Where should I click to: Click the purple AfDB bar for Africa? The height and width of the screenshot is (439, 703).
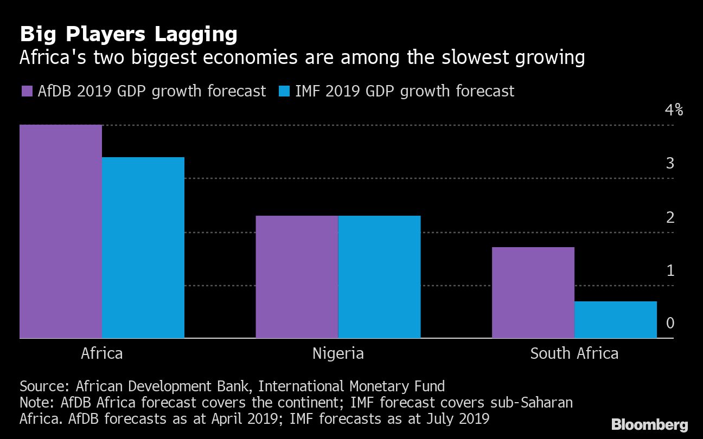pos(61,231)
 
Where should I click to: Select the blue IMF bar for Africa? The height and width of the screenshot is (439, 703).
pos(143,248)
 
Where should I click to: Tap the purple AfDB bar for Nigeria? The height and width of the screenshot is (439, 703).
pos(297,277)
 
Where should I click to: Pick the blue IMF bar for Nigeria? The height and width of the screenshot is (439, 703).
pos(379,277)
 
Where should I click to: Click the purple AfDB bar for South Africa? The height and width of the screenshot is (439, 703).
pos(533,293)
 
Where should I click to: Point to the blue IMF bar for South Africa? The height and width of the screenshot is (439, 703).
pos(615,320)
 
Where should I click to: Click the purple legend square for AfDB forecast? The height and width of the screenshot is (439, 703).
pos(26,91)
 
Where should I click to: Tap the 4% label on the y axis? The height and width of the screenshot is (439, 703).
pos(674,111)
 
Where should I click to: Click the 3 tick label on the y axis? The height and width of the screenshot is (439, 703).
pos(670,163)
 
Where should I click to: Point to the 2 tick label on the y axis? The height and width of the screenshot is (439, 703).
pos(670,217)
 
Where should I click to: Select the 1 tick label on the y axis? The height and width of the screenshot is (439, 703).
pos(670,270)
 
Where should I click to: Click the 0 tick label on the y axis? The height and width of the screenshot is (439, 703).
pos(670,323)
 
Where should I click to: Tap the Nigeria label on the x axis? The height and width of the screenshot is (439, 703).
pos(338,354)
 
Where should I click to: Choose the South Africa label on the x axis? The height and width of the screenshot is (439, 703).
pos(574,354)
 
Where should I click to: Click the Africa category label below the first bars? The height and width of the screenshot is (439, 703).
pos(101,354)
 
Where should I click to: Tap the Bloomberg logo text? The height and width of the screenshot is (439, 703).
pos(649,424)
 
